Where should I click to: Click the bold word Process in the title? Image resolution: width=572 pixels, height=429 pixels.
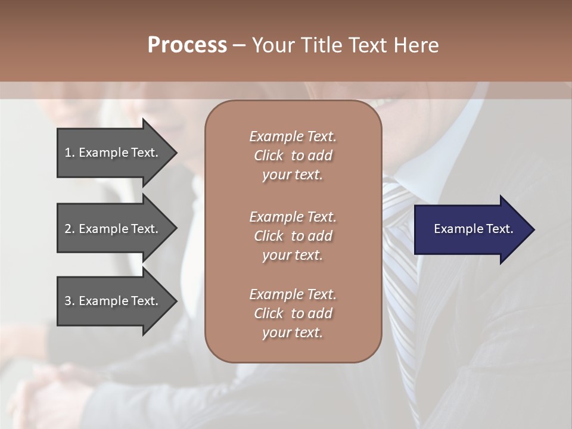(187, 45)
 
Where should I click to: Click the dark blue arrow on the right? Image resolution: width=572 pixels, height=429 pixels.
(471, 229)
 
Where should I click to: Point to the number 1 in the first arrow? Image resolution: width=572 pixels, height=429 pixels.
(68, 153)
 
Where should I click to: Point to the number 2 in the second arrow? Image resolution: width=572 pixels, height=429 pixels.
(68, 229)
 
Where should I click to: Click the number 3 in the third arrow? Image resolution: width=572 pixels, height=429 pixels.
(68, 301)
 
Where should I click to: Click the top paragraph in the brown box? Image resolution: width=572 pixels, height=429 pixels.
(293, 156)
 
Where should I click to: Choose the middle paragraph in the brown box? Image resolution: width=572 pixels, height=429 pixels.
(293, 236)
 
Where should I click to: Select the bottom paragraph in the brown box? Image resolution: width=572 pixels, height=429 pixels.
(293, 313)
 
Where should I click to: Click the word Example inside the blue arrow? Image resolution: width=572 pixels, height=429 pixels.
(455, 229)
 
